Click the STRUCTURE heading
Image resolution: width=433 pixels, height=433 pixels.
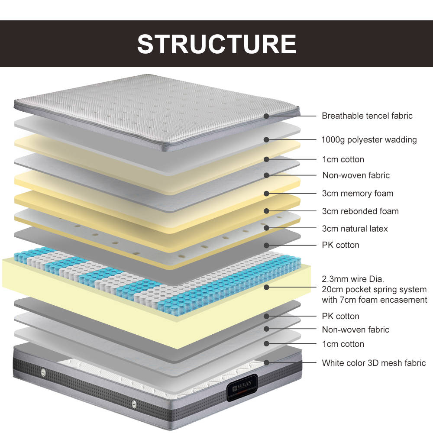(216, 44)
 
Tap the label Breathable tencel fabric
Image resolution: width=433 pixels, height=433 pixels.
(367, 116)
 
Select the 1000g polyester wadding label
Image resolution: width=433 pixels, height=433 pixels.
(369, 140)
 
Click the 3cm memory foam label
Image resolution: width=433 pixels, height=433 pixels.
(358, 193)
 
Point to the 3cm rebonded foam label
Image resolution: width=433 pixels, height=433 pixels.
(360, 211)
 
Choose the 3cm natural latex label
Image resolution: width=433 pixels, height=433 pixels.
(355, 228)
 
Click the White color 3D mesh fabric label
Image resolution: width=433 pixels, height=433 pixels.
(374, 363)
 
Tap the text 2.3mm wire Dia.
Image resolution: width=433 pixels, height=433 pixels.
(353, 279)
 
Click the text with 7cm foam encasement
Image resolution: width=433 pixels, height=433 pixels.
(374, 300)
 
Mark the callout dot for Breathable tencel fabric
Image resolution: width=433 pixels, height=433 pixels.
(266, 116)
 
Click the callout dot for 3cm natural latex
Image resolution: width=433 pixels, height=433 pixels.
(266, 228)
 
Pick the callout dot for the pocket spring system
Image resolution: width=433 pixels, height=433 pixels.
(266, 287)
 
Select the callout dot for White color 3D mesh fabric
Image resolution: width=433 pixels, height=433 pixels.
(266, 362)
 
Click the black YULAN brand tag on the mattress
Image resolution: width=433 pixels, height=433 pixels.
(242, 387)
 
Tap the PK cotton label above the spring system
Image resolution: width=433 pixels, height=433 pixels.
(340, 245)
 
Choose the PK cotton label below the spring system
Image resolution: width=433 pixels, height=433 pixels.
(340, 316)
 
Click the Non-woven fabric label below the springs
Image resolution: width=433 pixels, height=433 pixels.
(355, 330)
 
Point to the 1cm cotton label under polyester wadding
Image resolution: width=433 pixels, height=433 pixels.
(343, 159)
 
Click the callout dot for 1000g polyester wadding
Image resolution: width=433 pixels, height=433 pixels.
(266, 140)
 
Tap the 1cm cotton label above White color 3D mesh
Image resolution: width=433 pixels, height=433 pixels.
(343, 344)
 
